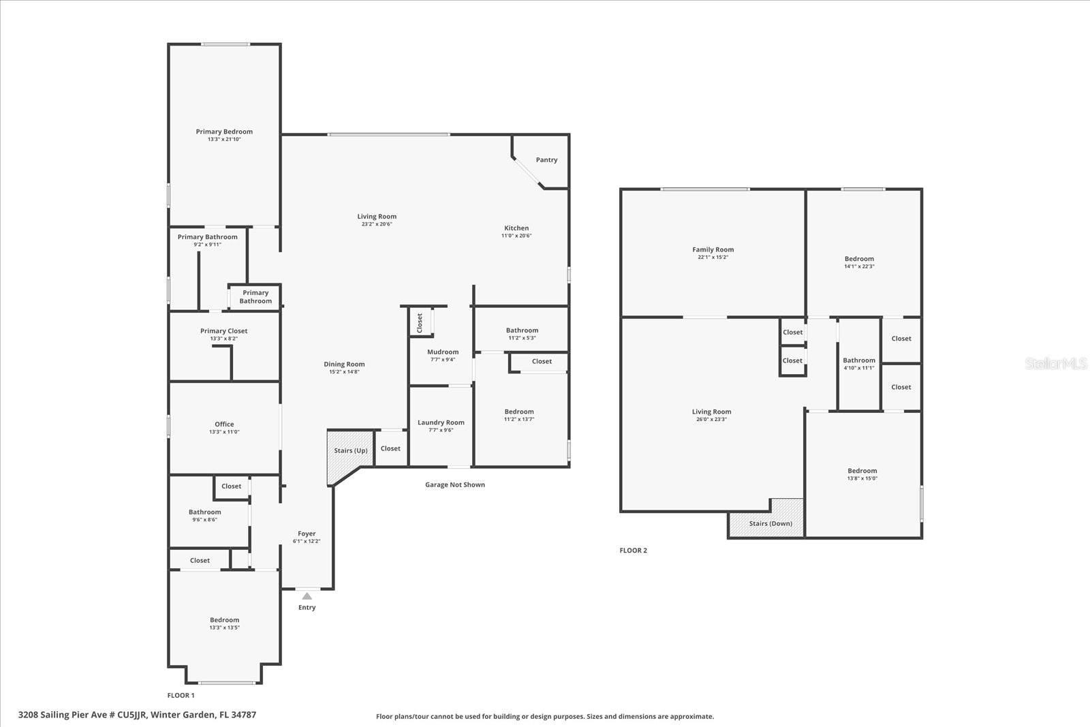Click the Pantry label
click(546, 160)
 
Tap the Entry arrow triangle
click(307, 596)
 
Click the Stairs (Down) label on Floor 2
click(770, 523)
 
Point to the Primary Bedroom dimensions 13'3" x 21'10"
click(224, 140)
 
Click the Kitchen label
click(516, 228)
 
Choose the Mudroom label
click(443, 352)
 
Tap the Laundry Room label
click(441, 422)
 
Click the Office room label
click(224, 424)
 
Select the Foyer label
click(307, 533)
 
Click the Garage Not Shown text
click(455, 484)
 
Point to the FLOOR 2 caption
click(633, 551)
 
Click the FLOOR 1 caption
click(181, 696)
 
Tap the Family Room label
click(713, 249)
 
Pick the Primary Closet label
click(223, 331)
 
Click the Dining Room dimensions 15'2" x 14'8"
click(344, 372)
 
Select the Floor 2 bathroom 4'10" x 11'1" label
click(858, 360)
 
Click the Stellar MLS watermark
click(1056, 364)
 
